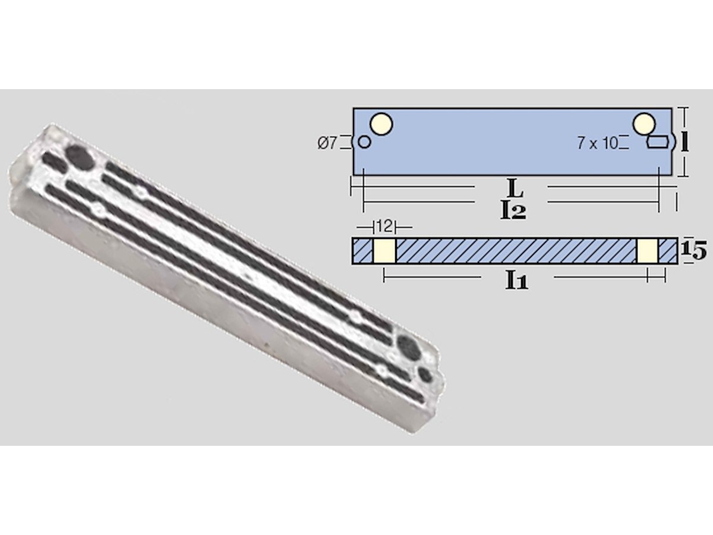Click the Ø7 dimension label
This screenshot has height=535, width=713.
(x=327, y=143)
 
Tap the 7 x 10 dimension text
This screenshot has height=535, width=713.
(x=597, y=143)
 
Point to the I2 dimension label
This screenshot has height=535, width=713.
(x=513, y=211)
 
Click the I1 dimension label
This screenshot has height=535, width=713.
(x=516, y=281)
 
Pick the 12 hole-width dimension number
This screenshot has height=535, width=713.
(x=384, y=226)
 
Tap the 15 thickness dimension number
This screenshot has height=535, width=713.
(x=693, y=251)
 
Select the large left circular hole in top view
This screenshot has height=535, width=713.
(x=381, y=124)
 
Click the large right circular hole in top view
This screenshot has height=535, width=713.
(x=644, y=124)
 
